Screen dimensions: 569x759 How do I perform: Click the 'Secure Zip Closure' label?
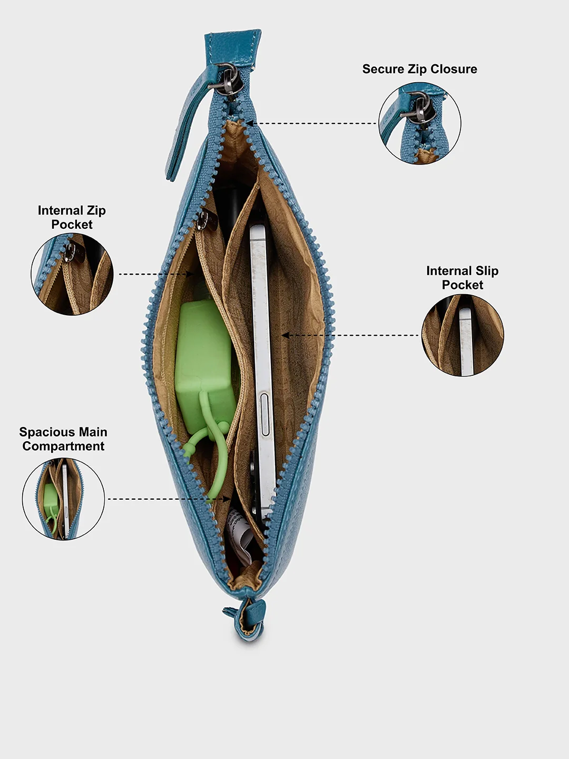pyautogui.click(x=419, y=69)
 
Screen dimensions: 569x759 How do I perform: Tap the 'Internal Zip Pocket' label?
pyautogui.click(x=72, y=217)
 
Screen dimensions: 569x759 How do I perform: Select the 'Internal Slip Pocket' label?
pyautogui.click(x=462, y=278)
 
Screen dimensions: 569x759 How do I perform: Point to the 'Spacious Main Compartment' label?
pyautogui.click(x=63, y=439)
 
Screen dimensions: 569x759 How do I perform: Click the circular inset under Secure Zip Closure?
pyautogui.click(x=420, y=123)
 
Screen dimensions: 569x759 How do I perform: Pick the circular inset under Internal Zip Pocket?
pyautogui.click(x=72, y=274)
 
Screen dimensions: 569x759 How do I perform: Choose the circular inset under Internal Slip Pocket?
pyautogui.click(x=463, y=335)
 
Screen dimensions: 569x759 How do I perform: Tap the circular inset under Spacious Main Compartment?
pyautogui.click(x=63, y=499)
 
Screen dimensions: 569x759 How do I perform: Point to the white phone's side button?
pyautogui.click(x=265, y=414)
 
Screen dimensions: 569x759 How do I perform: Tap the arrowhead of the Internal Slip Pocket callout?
pyautogui.click(x=285, y=335)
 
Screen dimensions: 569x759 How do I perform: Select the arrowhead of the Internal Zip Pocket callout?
pyautogui.click(x=190, y=274)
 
